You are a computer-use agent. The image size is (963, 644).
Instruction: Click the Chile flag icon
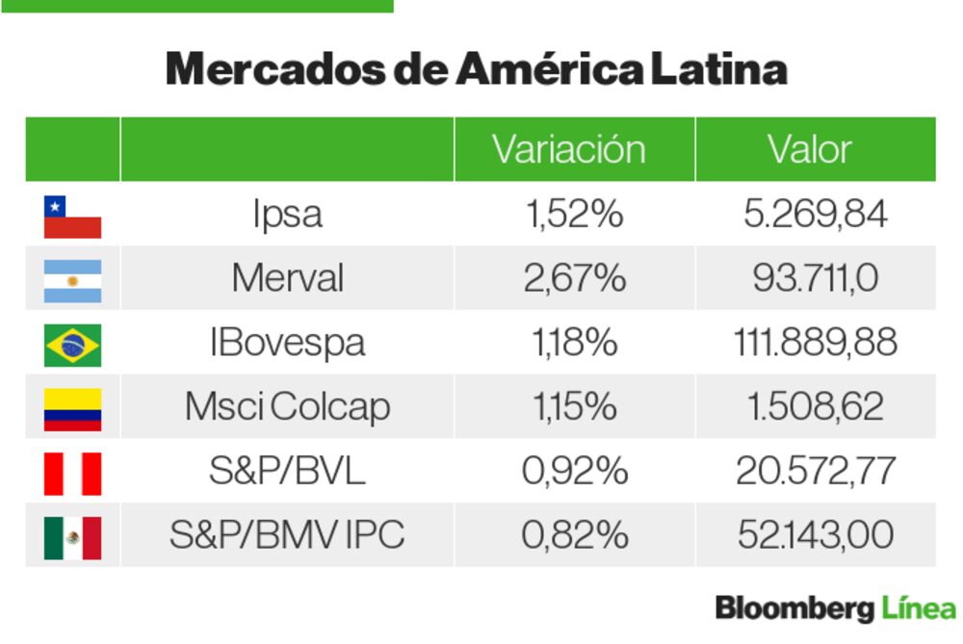click(x=72, y=216)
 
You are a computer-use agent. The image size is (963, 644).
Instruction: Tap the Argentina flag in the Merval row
click(x=72, y=280)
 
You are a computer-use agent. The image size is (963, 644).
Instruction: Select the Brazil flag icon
click(x=72, y=345)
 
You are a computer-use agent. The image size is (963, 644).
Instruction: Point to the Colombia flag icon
click(x=72, y=408)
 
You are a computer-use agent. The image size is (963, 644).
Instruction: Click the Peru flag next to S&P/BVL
click(x=72, y=473)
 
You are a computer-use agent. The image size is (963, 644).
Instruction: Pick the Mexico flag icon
click(x=72, y=537)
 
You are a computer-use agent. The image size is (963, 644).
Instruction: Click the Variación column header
click(x=568, y=150)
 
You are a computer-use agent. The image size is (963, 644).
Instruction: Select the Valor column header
click(x=810, y=150)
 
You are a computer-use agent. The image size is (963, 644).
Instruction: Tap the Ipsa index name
click(x=287, y=215)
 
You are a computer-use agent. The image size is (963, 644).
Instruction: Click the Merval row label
click(x=287, y=279)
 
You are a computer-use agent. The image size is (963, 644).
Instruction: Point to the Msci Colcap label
click(x=287, y=407)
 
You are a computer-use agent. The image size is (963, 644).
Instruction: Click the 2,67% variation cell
click(x=574, y=279)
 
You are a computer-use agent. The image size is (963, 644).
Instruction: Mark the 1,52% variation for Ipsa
click(x=574, y=215)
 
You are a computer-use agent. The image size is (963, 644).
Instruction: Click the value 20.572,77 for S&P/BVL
click(x=816, y=472)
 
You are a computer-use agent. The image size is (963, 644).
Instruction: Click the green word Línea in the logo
click(x=918, y=608)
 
